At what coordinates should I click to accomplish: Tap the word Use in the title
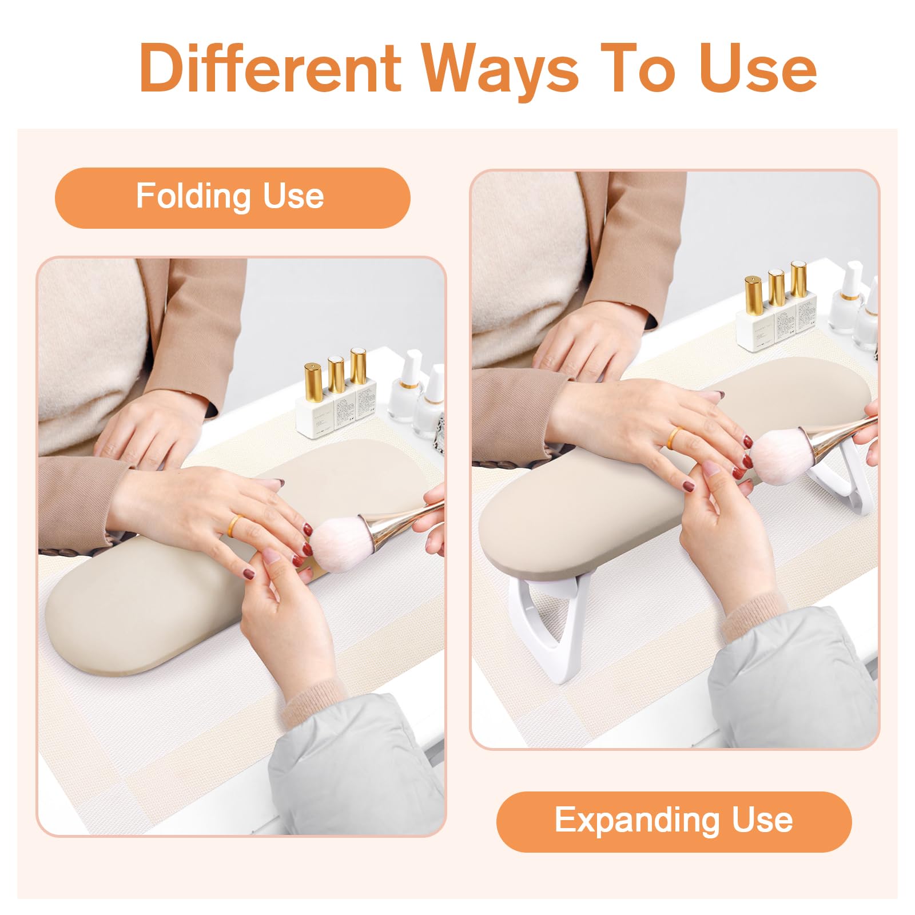pyautogui.click(x=758, y=69)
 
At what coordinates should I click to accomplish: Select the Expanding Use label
pyautogui.click(x=674, y=822)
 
